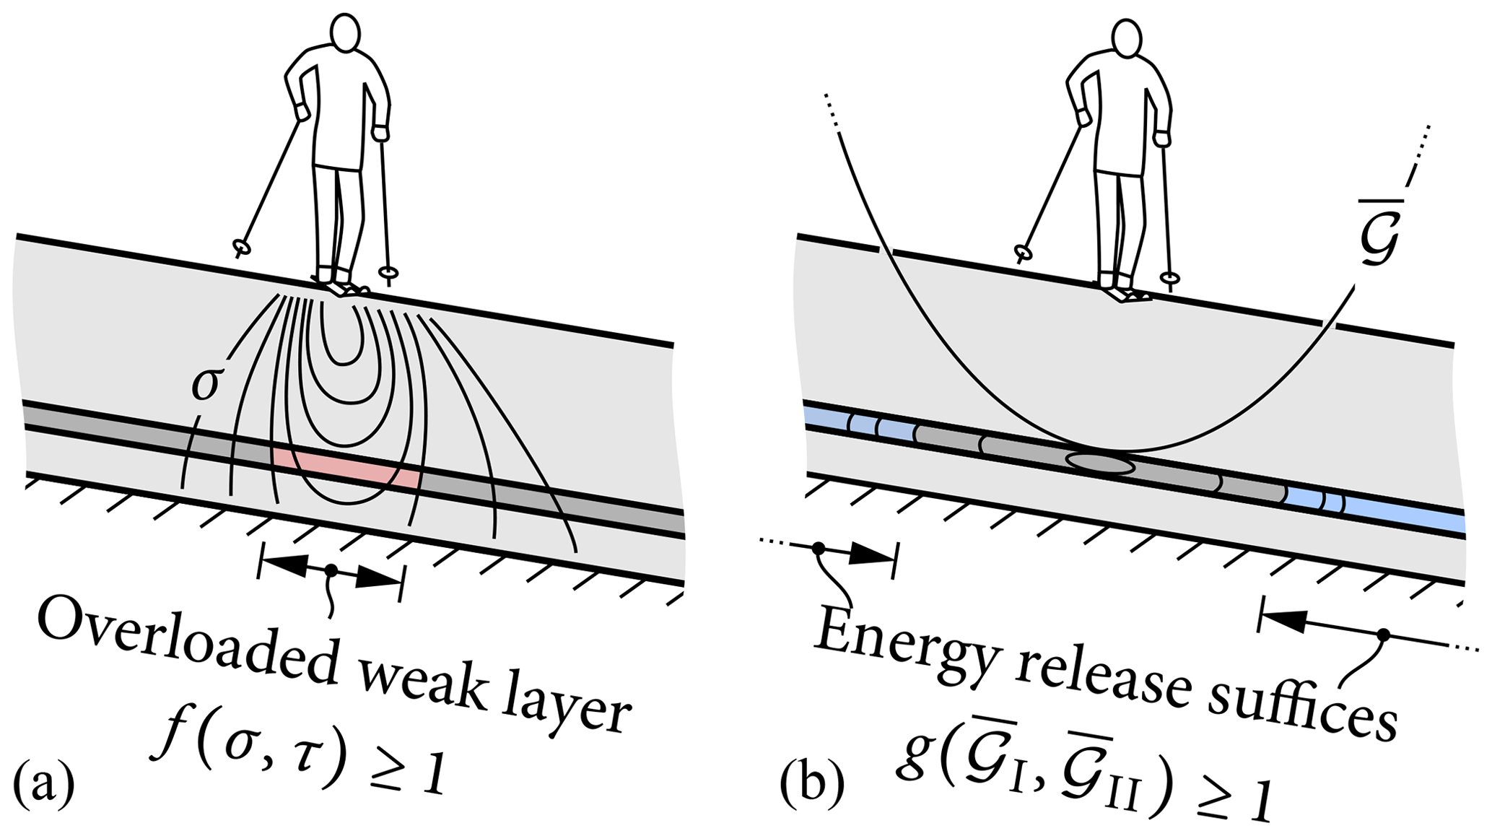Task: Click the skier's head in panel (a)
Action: (x=345, y=32)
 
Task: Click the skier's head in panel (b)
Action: (x=1127, y=38)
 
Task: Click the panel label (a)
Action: (x=43, y=786)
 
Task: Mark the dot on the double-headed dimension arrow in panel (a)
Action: (x=331, y=570)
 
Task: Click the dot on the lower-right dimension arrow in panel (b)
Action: (x=1383, y=635)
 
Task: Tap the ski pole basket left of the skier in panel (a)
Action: (x=241, y=248)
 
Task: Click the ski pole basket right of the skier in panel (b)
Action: (x=1170, y=277)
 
